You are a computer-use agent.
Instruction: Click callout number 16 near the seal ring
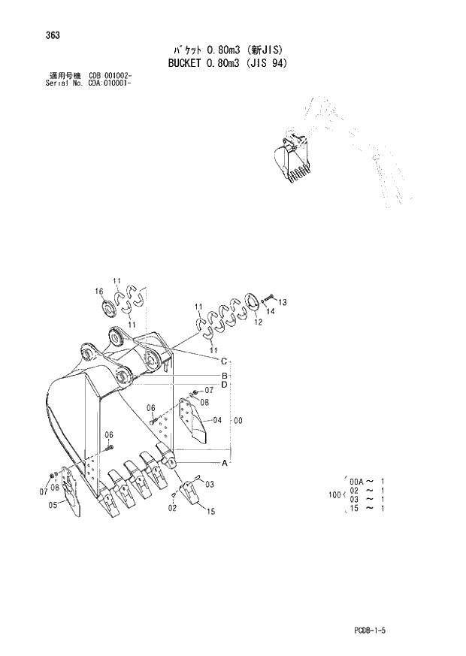98,292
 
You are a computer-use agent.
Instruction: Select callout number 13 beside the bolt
283,302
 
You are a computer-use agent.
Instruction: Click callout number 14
271,310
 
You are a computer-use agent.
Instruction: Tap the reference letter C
223,361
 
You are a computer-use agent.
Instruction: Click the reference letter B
223,376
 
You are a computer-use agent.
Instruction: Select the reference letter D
223,385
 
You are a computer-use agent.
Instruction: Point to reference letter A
224,463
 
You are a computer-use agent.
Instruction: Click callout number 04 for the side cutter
216,420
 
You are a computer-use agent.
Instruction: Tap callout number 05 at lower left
53,506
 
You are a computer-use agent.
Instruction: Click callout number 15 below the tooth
211,512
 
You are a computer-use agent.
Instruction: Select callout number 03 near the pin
210,484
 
